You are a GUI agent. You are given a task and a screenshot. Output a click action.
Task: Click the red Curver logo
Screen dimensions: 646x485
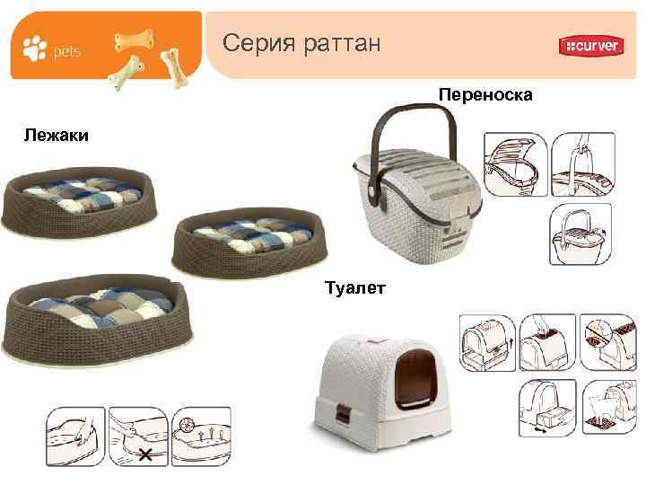591,46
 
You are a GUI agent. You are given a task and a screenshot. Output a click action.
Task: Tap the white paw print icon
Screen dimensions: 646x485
35,48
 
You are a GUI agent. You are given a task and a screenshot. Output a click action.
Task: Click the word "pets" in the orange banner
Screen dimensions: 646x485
66,51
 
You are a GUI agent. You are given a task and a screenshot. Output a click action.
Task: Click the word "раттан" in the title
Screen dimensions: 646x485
341,45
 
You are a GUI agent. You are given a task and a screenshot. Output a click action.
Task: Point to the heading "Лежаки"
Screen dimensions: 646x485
56,136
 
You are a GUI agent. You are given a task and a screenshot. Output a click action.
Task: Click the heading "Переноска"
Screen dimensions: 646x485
485,95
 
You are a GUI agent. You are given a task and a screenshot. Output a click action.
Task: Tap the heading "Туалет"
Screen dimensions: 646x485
355,287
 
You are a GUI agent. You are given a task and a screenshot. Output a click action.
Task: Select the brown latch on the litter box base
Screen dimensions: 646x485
343,414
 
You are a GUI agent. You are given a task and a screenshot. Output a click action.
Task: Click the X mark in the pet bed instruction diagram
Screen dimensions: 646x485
145,455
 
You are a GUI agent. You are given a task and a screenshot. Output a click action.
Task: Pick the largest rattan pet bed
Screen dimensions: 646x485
98,318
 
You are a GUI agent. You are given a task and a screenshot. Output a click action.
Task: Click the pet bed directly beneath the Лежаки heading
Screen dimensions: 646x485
79,202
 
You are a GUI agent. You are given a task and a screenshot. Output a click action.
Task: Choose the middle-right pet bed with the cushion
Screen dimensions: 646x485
249,242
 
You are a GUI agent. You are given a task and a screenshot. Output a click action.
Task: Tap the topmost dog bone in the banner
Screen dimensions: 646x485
135,40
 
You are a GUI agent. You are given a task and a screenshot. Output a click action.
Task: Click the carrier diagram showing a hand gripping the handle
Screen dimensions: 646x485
583,163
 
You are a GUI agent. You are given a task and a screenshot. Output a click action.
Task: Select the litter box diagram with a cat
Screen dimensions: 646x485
609,408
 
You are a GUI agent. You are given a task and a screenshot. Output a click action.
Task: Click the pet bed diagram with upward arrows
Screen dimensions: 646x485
201,436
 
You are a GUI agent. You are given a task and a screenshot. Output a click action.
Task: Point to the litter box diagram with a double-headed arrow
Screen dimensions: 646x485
547,408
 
